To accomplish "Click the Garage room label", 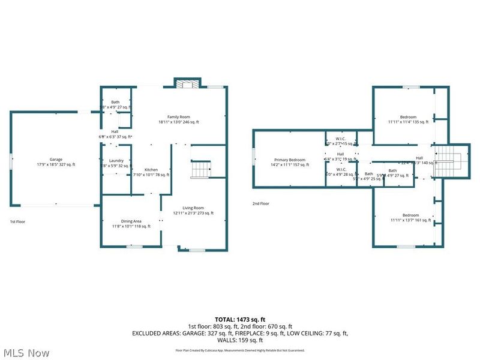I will [56, 159].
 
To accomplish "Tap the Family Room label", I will [178, 116].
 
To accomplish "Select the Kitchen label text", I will [151, 170].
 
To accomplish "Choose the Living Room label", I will [193, 208].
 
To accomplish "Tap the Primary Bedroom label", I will [289, 160].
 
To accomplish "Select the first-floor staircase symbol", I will [200, 170].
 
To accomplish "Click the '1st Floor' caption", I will [17, 221].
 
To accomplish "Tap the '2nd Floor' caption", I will [260, 203].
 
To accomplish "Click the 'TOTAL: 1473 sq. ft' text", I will [240, 319].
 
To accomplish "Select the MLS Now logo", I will [26, 353].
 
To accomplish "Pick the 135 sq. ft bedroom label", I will [408, 117].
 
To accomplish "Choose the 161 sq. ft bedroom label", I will [410, 215].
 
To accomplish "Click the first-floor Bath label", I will [115, 102].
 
